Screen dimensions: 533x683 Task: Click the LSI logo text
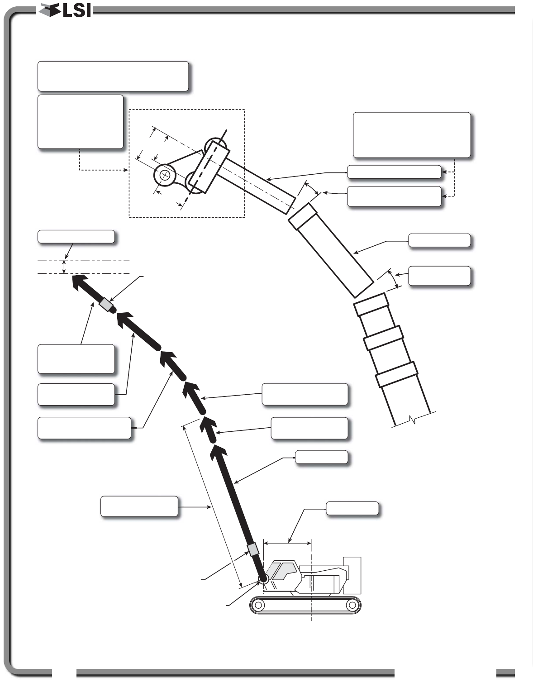pyautogui.click(x=77, y=11)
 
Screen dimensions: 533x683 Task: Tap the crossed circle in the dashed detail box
pyautogui.click(x=165, y=175)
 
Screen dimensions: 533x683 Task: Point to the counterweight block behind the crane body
pyautogui.click(x=352, y=575)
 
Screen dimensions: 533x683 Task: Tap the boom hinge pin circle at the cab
pyautogui.click(x=263, y=578)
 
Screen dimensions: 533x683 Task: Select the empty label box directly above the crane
pyautogui.click(x=352, y=508)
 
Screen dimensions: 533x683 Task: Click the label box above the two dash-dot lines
pyautogui.click(x=76, y=237)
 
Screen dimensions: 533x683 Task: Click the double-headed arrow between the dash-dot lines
pyautogui.click(x=65, y=267)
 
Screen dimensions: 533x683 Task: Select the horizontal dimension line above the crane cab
pyautogui.click(x=287, y=542)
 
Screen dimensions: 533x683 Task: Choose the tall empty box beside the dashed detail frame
pyautogui.click(x=81, y=121)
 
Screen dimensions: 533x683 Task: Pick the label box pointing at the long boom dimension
pyautogui.click(x=139, y=506)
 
